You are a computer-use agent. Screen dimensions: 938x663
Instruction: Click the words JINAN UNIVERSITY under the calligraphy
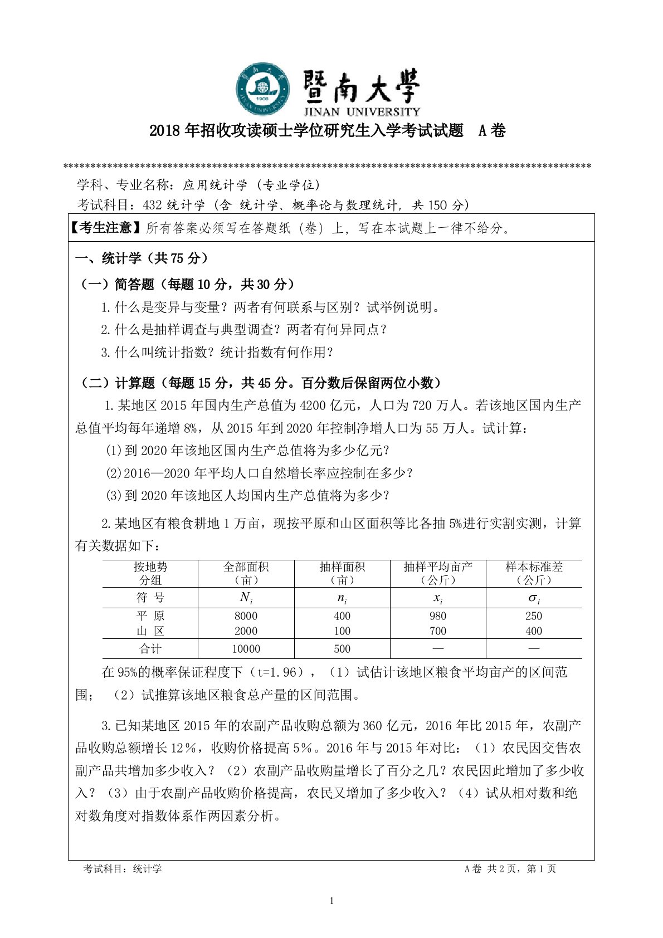(362, 111)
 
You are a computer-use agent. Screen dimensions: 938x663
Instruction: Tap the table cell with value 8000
(246, 616)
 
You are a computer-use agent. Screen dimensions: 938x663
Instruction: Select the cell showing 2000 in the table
(246, 631)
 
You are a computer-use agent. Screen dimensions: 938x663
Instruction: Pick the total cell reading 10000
(246, 649)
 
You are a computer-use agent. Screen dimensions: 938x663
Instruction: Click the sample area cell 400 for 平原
(342, 616)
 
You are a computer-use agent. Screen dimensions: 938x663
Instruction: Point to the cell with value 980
(438, 616)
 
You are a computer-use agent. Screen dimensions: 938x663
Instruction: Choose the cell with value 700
(438, 631)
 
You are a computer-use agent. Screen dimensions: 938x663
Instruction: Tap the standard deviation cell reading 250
(534, 616)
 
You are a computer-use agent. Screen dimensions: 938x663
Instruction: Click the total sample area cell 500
(342, 649)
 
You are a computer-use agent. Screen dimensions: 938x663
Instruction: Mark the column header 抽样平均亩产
(438, 567)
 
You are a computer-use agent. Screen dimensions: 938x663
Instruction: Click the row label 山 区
(150, 631)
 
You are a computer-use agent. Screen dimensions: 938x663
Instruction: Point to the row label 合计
(150, 649)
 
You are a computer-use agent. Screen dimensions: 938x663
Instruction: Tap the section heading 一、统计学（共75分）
(142, 258)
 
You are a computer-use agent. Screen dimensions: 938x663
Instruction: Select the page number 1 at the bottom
(331, 901)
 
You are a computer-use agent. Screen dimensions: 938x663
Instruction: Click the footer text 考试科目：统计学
(123, 869)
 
